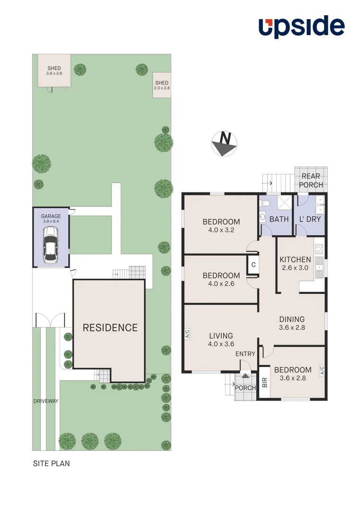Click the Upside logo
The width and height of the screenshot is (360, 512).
(301, 27)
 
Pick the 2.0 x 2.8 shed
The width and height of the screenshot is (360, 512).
(162, 86)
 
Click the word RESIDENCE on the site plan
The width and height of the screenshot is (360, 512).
(110, 328)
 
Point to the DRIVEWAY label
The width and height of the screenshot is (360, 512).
(46, 401)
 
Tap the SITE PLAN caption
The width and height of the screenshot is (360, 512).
(51, 464)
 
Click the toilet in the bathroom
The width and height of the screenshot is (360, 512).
(266, 203)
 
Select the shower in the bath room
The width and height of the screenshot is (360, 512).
(284, 203)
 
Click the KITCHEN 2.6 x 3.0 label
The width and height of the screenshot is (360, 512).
(295, 263)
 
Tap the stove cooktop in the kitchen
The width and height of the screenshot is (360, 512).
(319, 248)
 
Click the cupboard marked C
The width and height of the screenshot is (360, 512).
(253, 265)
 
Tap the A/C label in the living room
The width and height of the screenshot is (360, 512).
(187, 335)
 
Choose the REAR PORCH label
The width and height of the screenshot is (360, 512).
(311, 181)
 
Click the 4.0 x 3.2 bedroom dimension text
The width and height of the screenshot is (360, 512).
(221, 230)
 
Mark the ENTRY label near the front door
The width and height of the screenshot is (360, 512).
(245, 354)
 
